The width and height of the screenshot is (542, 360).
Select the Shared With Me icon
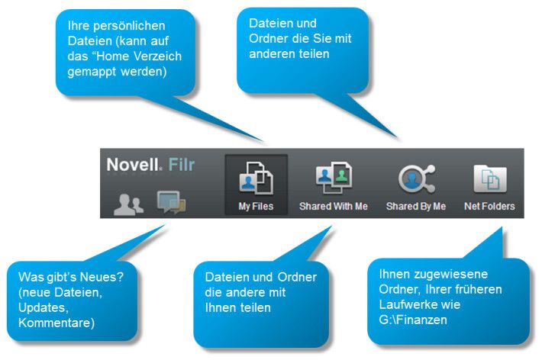tap(334, 179)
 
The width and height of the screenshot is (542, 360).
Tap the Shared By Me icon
tap(416, 179)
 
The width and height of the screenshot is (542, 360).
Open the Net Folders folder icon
tap(489, 179)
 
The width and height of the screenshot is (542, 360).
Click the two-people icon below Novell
tap(127, 204)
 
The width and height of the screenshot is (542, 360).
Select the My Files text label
tap(256, 207)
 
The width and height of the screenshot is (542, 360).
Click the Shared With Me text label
tap(334, 207)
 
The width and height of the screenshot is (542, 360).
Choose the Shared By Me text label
tap(416, 207)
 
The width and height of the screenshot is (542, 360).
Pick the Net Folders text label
tap(489, 207)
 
